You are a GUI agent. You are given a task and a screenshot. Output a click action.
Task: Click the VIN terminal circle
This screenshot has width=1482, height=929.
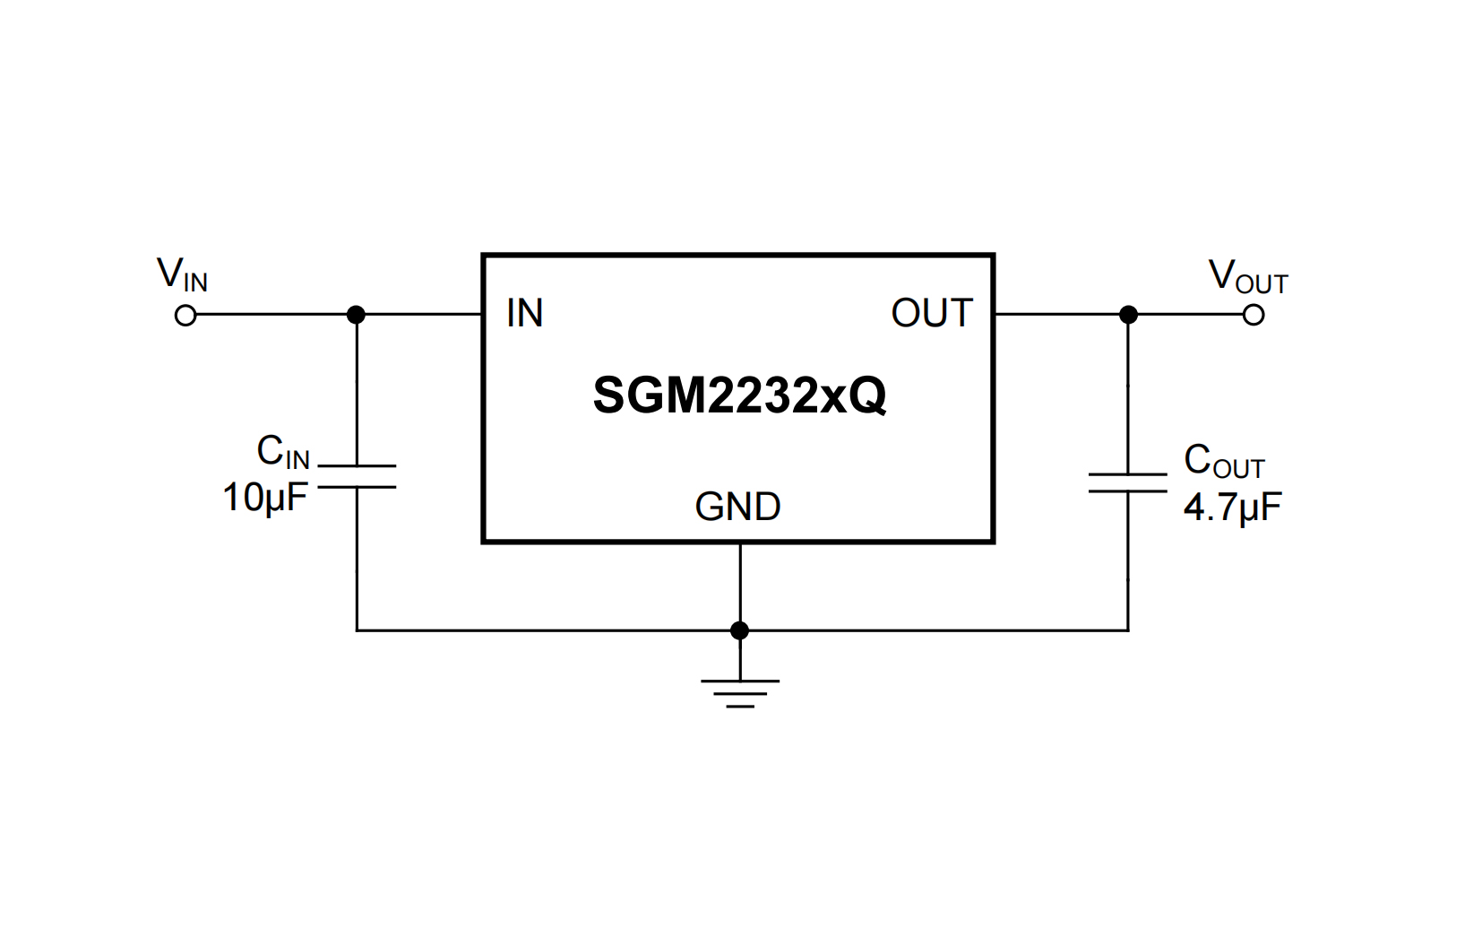point(185,316)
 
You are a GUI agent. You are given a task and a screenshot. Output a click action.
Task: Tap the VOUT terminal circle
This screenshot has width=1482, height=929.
point(1254,315)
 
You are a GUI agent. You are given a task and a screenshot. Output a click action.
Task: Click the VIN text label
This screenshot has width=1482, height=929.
point(182,274)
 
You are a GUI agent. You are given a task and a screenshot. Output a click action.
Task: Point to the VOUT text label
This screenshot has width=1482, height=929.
point(1247,277)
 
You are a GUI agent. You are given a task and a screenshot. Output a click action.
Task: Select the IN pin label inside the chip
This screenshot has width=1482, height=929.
point(524,314)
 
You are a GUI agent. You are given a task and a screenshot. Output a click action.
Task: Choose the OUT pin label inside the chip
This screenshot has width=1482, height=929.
point(932,314)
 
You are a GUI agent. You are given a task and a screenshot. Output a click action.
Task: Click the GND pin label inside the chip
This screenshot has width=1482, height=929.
point(737,508)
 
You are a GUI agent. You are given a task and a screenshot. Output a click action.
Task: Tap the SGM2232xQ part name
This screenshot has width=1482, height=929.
point(739,395)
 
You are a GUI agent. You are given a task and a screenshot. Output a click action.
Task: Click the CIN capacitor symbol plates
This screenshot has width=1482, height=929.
point(357,476)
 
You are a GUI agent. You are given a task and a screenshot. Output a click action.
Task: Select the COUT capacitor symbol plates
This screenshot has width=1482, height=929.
point(1127,482)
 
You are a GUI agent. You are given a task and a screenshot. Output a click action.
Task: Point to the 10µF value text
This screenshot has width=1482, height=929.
point(264,498)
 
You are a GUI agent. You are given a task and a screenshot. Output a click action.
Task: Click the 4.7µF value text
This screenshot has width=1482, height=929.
point(1232,508)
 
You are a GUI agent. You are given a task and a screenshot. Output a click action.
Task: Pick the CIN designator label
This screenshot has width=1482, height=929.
point(282,452)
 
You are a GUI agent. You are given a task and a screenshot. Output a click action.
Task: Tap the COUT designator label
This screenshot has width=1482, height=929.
point(1223,462)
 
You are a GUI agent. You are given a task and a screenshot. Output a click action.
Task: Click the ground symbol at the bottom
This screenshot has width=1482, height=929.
point(740,692)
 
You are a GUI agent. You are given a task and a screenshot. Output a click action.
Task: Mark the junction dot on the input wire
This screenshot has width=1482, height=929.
point(357,315)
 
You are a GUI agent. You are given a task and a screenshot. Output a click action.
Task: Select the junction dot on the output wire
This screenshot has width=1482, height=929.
point(1128,315)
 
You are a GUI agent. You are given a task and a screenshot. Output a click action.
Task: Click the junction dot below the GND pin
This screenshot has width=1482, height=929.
point(739,630)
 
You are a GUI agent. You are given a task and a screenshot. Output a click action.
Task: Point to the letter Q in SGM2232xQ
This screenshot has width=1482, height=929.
point(867,395)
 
